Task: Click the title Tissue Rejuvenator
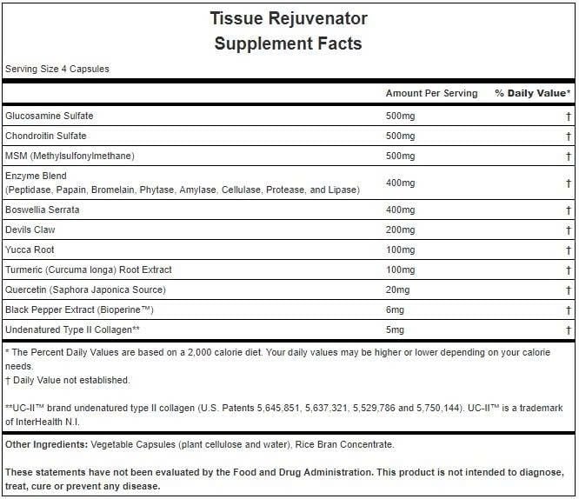click(289, 18)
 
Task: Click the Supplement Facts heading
click(289, 43)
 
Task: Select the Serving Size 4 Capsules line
click(57, 70)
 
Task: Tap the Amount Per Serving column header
click(431, 93)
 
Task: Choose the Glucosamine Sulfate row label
click(50, 116)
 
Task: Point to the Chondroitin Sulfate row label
click(46, 136)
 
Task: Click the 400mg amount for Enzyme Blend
click(400, 183)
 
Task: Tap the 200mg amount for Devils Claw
click(400, 230)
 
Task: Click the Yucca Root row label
click(30, 249)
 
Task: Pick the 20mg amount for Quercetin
click(397, 289)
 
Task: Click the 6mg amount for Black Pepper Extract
click(395, 309)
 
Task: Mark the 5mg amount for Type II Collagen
click(395, 329)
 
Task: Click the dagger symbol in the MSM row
click(568, 156)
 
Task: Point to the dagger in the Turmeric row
click(568, 269)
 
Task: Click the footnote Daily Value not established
click(70, 380)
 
